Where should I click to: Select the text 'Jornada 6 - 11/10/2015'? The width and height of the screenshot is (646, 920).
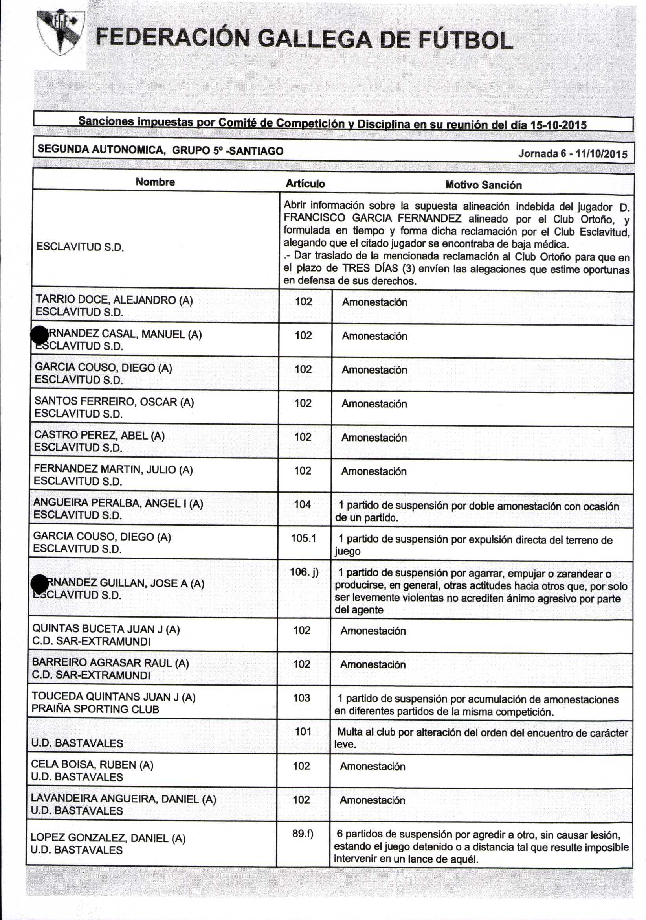pos(573,154)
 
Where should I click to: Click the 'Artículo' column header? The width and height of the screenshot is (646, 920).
pos(305,184)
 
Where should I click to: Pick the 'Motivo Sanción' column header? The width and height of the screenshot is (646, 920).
pos(483,185)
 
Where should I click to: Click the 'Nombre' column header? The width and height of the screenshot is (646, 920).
pos(155,182)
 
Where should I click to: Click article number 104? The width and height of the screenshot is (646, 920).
pos(303,505)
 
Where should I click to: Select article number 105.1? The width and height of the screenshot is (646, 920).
pos(303,538)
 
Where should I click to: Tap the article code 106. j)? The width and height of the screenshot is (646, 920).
pos(304,572)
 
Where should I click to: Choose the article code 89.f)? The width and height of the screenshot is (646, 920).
pos(303,834)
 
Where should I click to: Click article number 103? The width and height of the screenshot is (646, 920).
pos(301,698)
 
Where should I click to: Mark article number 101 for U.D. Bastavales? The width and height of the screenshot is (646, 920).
pos(303,732)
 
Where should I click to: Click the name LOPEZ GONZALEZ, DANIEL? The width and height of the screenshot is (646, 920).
pos(108,837)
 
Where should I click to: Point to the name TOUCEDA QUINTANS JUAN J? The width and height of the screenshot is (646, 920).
pos(113,697)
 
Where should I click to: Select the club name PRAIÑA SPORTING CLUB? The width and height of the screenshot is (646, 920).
pos(95,709)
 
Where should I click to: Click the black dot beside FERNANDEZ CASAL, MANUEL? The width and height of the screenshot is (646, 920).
pos(40,335)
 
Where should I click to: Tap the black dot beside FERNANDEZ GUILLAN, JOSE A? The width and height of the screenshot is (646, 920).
pos(40,583)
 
